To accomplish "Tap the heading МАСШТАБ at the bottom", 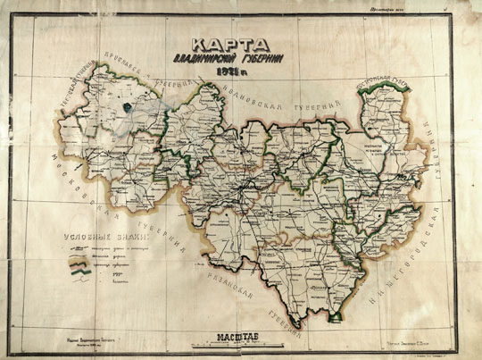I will pos(234,337).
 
